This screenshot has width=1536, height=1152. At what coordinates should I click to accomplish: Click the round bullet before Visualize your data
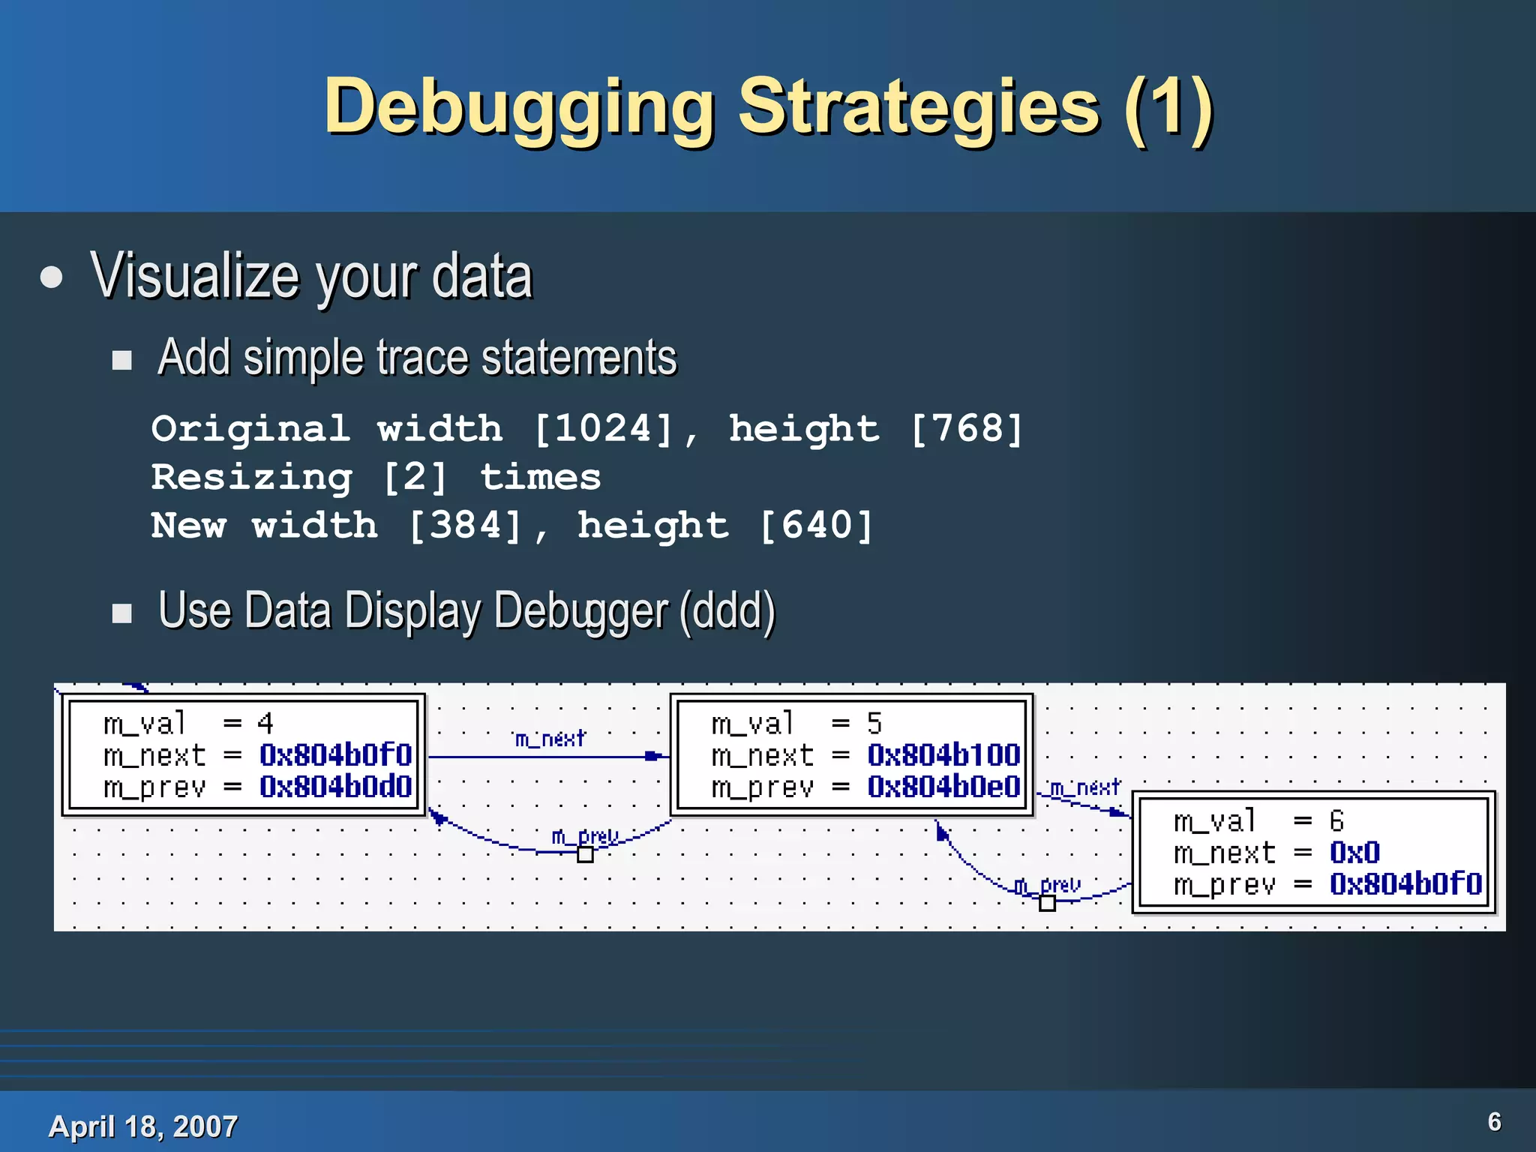[x=52, y=277]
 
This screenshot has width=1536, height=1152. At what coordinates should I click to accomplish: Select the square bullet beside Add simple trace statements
[x=121, y=360]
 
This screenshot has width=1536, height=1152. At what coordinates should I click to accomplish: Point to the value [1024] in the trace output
[x=604, y=429]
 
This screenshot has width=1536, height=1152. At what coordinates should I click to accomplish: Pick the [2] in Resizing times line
[x=415, y=478]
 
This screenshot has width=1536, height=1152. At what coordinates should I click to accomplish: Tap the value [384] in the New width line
[x=465, y=525]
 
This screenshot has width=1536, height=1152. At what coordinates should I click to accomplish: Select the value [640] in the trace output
[x=817, y=525]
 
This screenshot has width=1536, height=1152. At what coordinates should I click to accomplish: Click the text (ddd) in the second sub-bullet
[x=727, y=610]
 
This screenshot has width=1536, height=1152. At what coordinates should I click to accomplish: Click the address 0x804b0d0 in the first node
[x=336, y=787]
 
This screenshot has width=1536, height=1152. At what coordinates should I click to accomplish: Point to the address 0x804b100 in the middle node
[x=943, y=754]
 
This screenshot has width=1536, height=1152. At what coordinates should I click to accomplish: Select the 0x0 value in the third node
[x=1354, y=853]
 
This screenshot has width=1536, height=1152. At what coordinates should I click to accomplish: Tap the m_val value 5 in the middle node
[x=874, y=723]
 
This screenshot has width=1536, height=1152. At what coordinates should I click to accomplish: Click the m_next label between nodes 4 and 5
[x=550, y=739]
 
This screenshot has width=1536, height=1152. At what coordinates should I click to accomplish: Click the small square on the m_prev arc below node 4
[x=585, y=854]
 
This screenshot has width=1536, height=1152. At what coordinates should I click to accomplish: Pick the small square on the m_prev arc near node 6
[x=1047, y=904]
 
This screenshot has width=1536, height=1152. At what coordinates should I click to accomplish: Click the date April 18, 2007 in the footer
[x=142, y=1126]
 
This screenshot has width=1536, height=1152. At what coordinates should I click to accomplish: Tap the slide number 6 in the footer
[x=1494, y=1121]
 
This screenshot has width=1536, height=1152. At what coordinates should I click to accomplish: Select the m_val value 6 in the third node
[x=1336, y=820]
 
